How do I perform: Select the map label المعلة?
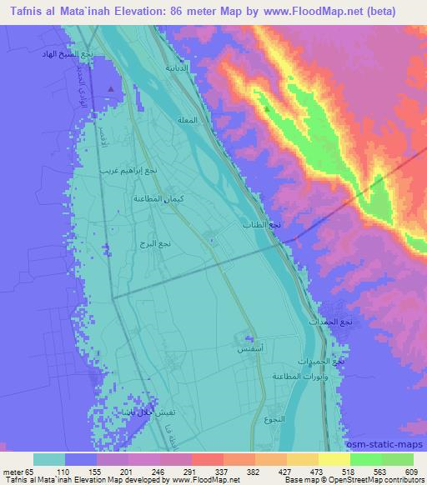tap(188, 120)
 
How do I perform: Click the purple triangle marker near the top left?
tap(112, 87)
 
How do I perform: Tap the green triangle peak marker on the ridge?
tap(267, 107)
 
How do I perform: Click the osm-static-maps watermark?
tap(390, 443)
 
